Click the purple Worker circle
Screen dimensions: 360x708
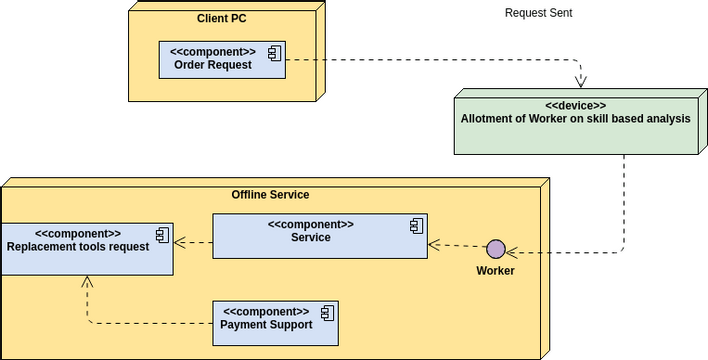(495, 249)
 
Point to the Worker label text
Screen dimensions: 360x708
(495, 271)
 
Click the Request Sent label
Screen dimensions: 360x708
(538, 13)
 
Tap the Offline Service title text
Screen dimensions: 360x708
(270, 194)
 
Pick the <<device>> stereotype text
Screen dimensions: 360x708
(575, 105)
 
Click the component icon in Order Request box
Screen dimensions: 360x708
(273, 52)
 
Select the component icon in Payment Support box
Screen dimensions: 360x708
(326, 310)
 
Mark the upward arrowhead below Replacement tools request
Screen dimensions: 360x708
(87, 283)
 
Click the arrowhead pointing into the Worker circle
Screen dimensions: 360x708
(511, 252)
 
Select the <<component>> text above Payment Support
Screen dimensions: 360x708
(266, 311)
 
